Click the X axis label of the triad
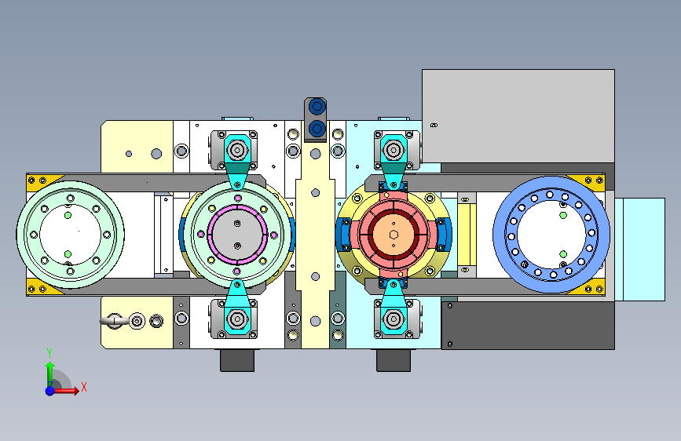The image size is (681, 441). point(84,387)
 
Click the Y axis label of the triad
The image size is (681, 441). point(49,353)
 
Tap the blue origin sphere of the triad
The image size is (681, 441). point(50,391)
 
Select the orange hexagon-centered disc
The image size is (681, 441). point(394,235)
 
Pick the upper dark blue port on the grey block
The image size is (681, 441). point(317,107)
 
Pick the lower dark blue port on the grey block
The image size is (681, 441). point(317,128)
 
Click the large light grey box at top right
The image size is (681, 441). point(518,116)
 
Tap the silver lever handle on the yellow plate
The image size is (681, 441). point(114,321)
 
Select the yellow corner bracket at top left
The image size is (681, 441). point(39,181)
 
